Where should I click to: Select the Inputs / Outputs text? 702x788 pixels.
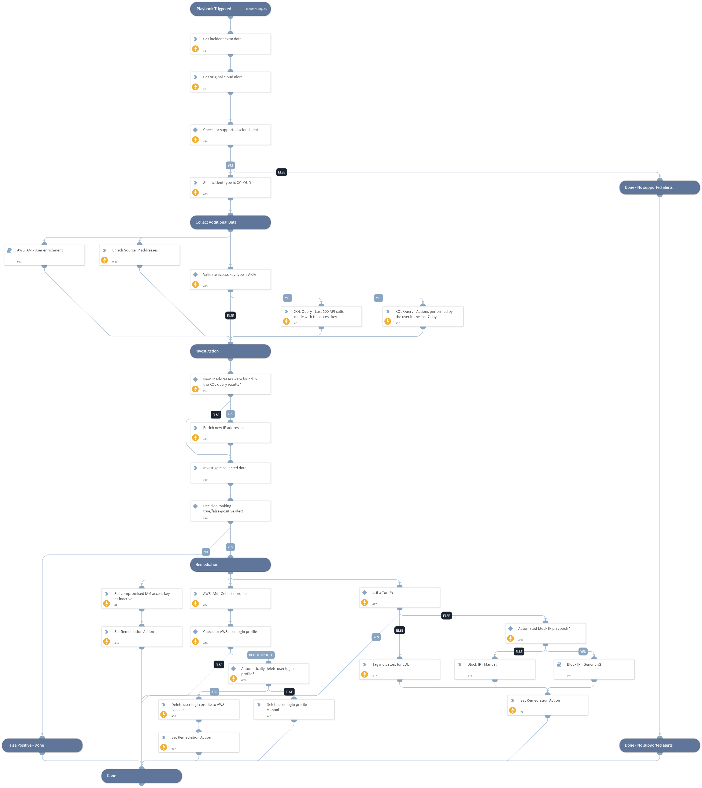tap(256, 9)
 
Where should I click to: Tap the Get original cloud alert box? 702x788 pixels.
tap(230, 82)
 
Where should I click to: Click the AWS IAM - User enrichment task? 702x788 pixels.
tap(44, 255)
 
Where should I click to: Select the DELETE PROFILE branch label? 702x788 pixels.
tap(261, 655)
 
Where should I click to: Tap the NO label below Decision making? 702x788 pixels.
tap(206, 552)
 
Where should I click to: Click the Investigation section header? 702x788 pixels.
tap(230, 351)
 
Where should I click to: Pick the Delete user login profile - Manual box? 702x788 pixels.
tap(294, 709)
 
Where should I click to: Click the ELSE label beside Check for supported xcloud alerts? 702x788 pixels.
tap(282, 172)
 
